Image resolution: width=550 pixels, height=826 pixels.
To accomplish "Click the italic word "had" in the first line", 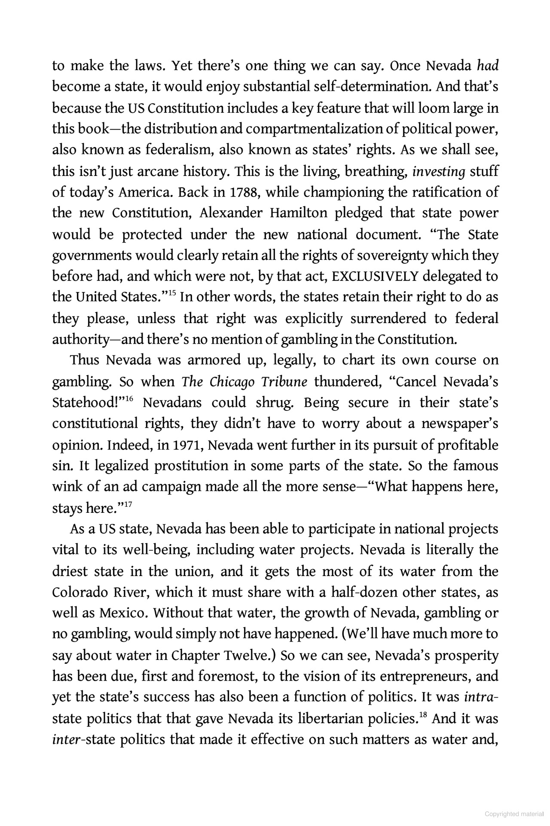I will (x=487, y=66).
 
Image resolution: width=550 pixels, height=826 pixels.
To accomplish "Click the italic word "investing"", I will (x=438, y=172).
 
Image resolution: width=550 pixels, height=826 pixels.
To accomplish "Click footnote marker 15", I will (x=172, y=294).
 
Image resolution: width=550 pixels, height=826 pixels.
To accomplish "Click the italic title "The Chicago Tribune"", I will (x=244, y=382).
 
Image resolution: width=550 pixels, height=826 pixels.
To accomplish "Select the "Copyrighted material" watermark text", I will (x=514, y=814).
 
